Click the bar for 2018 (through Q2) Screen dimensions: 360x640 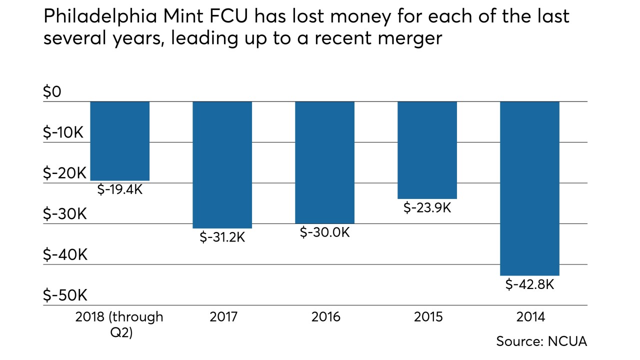(x=119, y=141)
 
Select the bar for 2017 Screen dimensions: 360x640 (x=222, y=165)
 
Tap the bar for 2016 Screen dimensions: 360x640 (x=324, y=162)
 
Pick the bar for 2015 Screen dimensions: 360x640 (x=427, y=150)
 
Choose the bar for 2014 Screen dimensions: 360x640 (x=529, y=188)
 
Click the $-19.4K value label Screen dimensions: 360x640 (x=119, y=189)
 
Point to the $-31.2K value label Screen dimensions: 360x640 (x=222, y=237)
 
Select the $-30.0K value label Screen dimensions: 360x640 (x=324, y=232)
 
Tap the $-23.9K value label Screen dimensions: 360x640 (x=427, y=207)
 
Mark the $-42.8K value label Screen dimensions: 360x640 (x=529, y=284)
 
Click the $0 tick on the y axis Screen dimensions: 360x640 (x=51, y=92)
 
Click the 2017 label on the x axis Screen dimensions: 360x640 (x=222, y=317)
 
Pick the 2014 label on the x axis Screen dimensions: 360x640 (x=529, y=317)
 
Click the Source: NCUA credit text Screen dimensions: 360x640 (x=541, y=341)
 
